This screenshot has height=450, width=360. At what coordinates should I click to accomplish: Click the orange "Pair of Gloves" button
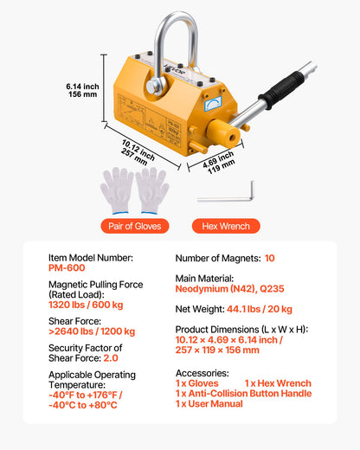tap(134, 227)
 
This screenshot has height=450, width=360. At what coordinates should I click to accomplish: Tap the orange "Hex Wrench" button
tap(225, 227)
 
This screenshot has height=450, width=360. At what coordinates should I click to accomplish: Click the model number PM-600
tap(67, 269)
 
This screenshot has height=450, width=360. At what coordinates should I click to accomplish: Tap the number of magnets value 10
tap(270, 258)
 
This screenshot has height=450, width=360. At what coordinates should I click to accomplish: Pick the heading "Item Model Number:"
tap(91, 258)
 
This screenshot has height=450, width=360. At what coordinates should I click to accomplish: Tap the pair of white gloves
tap(134, 190)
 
